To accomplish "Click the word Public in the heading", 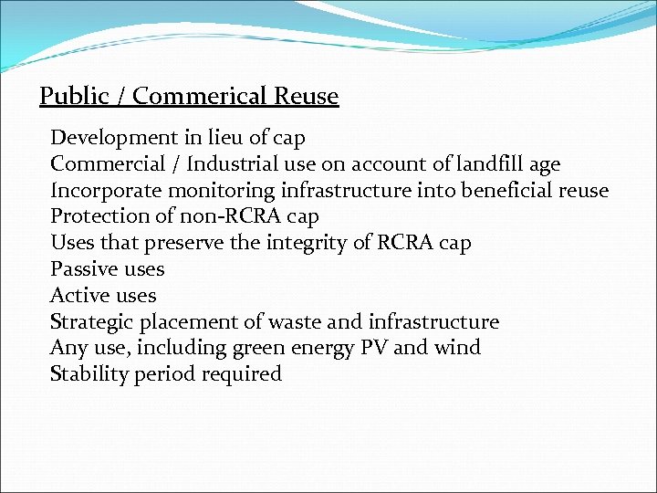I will click(73, 97).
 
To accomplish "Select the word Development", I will click(101, 138).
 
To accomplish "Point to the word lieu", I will click(226, 138).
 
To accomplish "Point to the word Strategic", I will click(90, 322).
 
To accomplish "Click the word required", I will click(239, 374).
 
